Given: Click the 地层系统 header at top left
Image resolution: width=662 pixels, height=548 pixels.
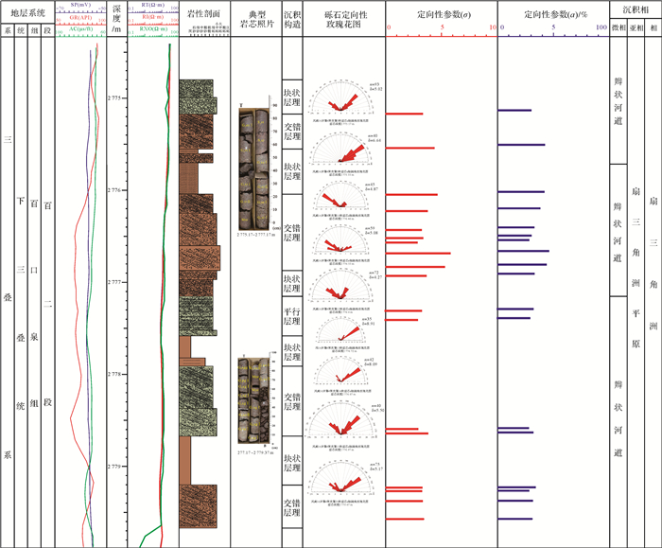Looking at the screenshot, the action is pos(26,13).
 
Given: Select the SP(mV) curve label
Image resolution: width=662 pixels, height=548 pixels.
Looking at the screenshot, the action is pos(80,5).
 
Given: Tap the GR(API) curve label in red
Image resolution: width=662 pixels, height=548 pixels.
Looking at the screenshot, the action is pos(80,16).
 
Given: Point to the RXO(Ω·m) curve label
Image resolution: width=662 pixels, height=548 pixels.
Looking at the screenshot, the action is pos(149,28).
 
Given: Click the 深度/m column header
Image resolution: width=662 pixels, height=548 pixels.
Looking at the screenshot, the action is pos(115,22).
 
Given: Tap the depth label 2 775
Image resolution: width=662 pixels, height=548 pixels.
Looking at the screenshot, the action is pos(114,97).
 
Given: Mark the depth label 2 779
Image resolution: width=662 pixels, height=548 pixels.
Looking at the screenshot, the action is pos(114,467).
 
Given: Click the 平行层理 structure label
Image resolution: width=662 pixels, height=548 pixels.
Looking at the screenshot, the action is pos(291,316).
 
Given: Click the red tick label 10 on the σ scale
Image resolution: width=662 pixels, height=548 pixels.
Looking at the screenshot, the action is pos(492,28).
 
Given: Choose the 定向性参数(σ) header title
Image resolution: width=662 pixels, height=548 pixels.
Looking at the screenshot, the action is pos(441,16).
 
